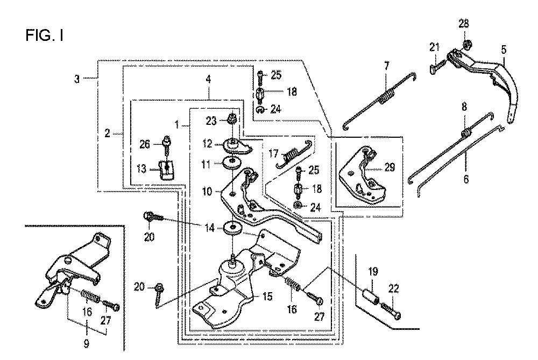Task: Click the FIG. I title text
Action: tap(44, 36)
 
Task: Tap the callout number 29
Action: tap(390, 168)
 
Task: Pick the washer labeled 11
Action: tap(233, 162)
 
